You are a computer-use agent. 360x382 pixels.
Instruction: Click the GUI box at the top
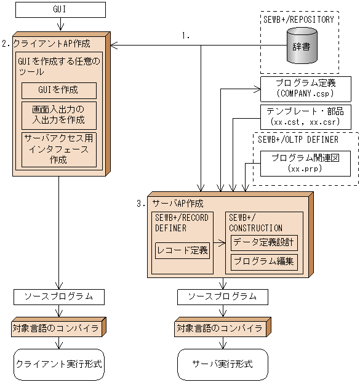pyautogui.click(x=60, y=10)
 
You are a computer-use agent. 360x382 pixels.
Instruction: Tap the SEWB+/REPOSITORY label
pyautogui.click(x=298, y=19)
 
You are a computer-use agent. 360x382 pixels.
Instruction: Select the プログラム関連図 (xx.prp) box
pyautogui.click(x=305, y=162)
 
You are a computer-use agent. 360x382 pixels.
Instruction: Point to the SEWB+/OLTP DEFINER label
pyautogui.click(x=298, y=139)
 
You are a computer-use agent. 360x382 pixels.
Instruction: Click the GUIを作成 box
pyautogui.click(x=58, y=90)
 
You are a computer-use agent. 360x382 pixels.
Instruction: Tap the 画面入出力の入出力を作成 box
pyautogui.click(x=58, y=114)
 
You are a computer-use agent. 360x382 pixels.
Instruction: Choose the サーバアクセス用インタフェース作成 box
pyautogui.click(x=58, y=149)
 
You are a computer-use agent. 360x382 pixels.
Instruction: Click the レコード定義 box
pyautogui.click(x=182, y=250)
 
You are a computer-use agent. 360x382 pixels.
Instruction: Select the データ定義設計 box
pyautogui.click(x=264, y=242)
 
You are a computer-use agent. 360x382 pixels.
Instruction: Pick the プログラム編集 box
pyautogui.click(x=264, y=262)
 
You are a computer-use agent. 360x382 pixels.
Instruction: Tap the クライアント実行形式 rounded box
pyautogui.click(x=58, y=364)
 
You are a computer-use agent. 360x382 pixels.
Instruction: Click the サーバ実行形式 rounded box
pyautogui.click(x=222, y=364)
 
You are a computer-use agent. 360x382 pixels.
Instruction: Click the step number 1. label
pyautogui.click(x=186, y=36)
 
